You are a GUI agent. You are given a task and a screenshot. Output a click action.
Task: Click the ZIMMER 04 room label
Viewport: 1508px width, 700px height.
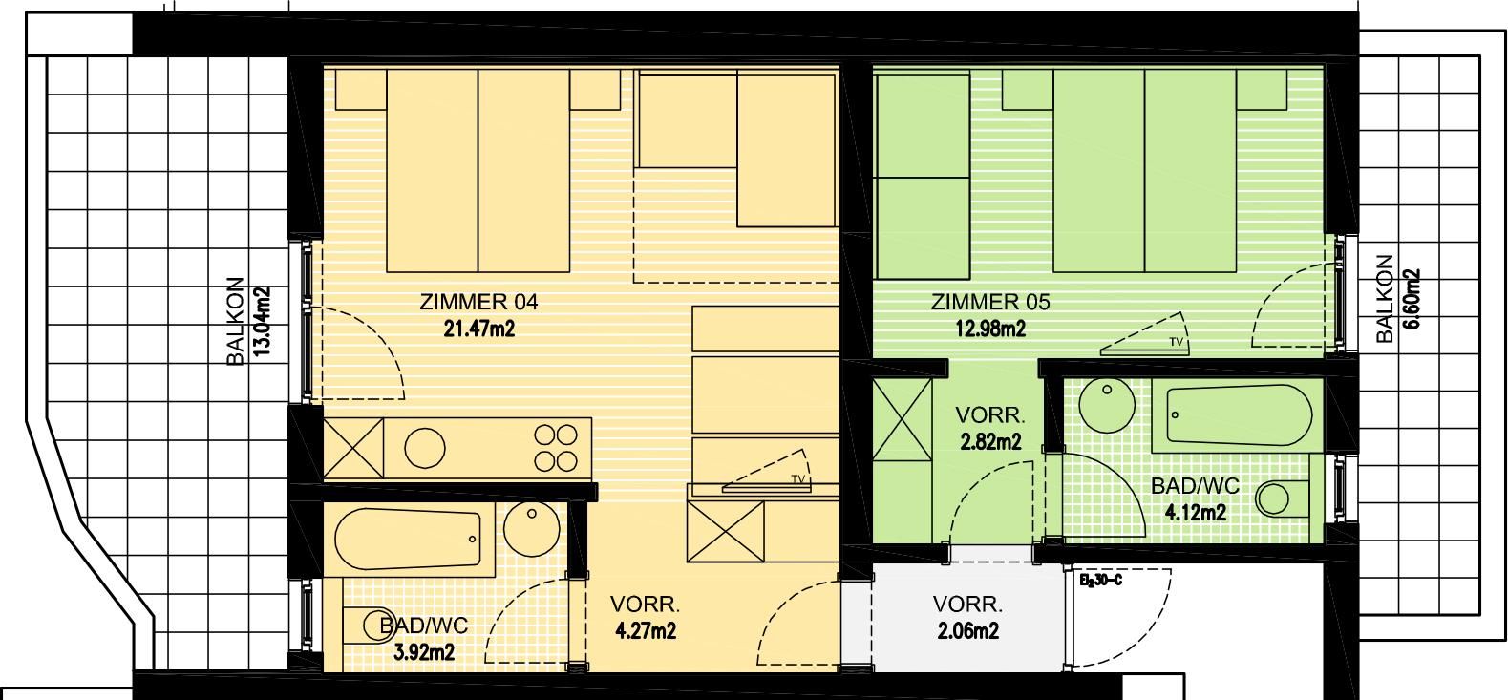[478, 302]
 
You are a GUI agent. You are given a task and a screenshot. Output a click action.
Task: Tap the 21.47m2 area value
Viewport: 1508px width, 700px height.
[478, 329]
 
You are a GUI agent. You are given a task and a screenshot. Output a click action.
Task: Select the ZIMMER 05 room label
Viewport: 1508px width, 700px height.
[990, 302]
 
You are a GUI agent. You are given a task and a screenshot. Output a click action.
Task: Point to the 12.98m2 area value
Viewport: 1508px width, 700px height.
[990, 329]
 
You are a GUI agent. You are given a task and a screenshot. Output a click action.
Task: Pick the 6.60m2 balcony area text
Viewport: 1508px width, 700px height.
[1412, 299]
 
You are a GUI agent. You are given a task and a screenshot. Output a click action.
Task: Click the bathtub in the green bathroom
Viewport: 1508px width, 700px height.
[1232, 415]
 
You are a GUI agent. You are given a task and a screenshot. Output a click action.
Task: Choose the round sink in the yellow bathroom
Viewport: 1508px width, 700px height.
[531, 528]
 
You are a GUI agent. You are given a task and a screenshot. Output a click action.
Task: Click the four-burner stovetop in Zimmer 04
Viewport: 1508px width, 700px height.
[556, 448]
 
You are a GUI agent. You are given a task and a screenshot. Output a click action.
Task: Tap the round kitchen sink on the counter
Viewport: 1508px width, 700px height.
[424, 448]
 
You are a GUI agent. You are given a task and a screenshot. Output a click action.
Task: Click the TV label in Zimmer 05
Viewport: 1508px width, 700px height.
[1176, 342]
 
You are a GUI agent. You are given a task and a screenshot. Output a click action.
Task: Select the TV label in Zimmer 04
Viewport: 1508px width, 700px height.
[798, 479]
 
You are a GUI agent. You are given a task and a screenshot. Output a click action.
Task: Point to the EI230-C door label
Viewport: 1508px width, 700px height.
[1100, 581]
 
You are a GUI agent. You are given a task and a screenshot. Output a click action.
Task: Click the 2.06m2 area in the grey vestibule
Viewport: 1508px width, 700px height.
[967, 631]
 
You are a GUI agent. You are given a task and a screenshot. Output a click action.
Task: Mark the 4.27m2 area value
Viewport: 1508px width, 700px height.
[646, 631]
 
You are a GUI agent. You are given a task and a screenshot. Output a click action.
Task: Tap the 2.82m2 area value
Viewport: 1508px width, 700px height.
[990, 441]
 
